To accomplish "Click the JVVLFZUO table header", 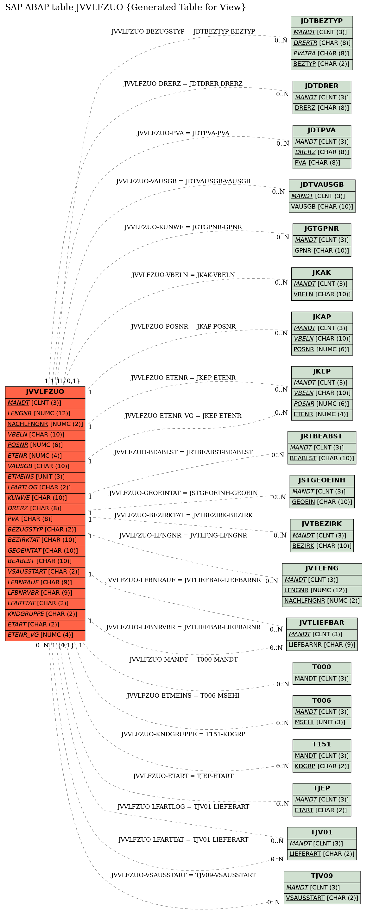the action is [45, 392].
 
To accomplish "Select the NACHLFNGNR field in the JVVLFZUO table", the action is [45, 424].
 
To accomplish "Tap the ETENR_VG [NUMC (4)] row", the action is [45, 635].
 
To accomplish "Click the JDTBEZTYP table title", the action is [322, 21].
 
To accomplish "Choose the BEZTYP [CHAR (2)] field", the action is [322, 64].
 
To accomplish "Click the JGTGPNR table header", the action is [322, 229].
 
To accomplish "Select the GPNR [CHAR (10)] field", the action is [322, 250].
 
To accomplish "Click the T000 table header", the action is [322, 667].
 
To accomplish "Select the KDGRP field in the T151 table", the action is [322, 766].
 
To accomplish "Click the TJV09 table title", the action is [322, 876].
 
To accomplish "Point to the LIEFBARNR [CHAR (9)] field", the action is [322, 645].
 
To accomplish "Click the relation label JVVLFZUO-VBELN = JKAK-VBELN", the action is [183, 275].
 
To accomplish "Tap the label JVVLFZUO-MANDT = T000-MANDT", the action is [183, 660].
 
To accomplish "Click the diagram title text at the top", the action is [125, 7].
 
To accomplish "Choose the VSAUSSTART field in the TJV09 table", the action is [322, 898].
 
